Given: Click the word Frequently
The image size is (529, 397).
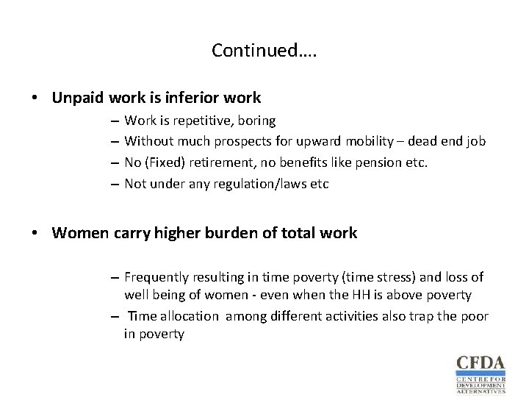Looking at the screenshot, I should [157, 277].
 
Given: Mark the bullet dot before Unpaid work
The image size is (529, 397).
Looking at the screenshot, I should [35, 98].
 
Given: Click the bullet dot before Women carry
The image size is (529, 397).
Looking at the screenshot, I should [35, 234].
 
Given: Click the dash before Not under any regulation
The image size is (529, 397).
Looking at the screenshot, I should [116, 184].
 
